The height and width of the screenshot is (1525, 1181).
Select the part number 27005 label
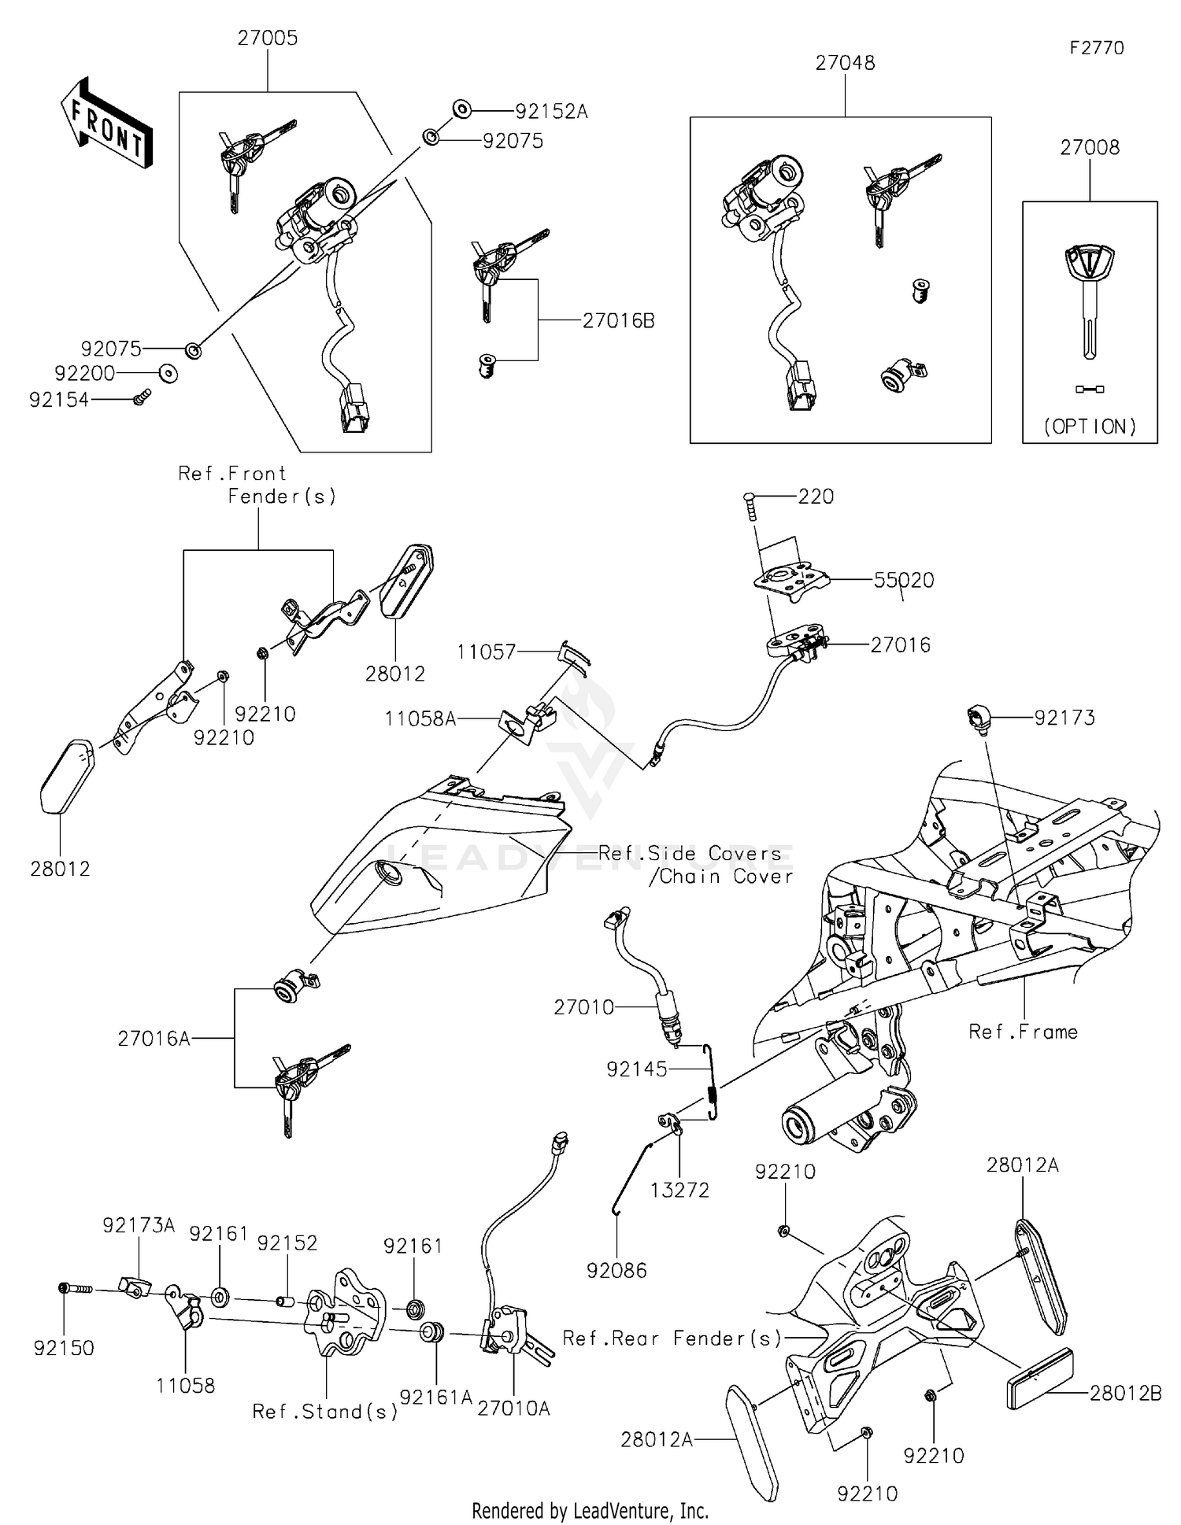pyautogui.click(x=268, y=39)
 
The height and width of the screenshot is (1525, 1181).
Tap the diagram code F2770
pyautogui.click(x=1096, y=48)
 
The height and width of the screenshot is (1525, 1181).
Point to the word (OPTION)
pyautogui.click(x=1090, y=426)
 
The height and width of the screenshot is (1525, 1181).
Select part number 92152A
pyautogui.click(x=551, y=112)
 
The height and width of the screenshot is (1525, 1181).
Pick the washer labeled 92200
pyautogui.click(x=168, y=373)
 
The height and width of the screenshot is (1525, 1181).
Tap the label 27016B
pyautogui.click(x=618, y=321)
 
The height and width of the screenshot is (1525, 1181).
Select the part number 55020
pyautogui.click(x=903, y=581)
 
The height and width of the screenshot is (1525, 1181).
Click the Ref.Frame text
pyautogui.click(x=1023, y=1032)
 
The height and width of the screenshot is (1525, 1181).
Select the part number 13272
pyautogui.click(x=679, y=1191)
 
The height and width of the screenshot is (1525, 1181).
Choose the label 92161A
pyautogui.click(x=435, y=1397)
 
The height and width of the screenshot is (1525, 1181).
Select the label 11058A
pyautogui.click(x=420, y=718)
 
